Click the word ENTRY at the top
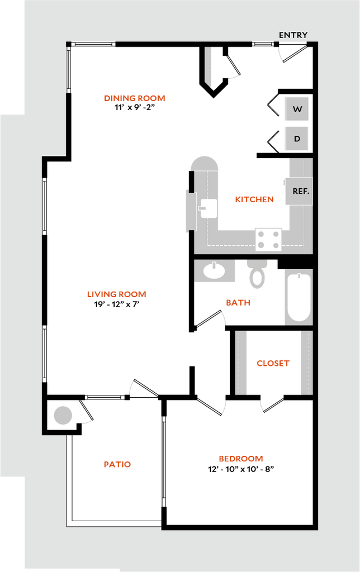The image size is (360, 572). tap(293, 35)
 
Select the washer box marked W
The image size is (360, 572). tap(297, 109)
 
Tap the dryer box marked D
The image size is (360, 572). tap(297, 139)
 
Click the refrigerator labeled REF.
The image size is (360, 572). tap(300, 191)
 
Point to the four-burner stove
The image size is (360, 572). tap(268, 240)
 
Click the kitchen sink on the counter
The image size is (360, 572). tap(208, 208)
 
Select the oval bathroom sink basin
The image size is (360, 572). tap(214, 271)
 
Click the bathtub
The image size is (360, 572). tap(299, 297)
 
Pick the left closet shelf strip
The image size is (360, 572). tap(241, 363)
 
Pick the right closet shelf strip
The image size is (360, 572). tap(306, 363)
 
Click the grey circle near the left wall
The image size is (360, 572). tap(63, 416)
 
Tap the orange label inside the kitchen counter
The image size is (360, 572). tap(254, 199)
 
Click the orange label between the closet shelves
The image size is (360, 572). tap(273, 364)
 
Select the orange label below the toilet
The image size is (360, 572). tap(238, 303)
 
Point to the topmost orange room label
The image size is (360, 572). tap(135, 98)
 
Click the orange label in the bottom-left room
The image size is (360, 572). tap(117, 464)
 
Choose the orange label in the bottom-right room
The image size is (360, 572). tap(240, 459)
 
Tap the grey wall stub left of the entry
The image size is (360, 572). tap(209, 66)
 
